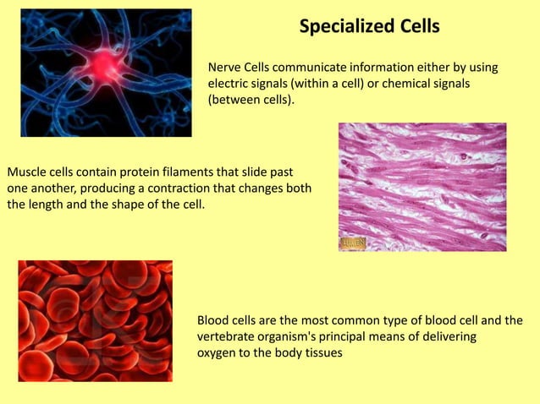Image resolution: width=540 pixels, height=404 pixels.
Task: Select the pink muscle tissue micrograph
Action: (x=422, y=187)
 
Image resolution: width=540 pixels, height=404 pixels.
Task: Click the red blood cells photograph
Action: (x=95, y=320)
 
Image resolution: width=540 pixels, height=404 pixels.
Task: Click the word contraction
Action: (x=160, y=187)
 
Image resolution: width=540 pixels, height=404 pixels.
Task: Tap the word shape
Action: (x=125, y=204)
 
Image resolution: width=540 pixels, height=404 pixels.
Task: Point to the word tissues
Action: (x=322, y=353)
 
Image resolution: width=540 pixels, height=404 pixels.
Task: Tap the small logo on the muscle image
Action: (x=353, y=243)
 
